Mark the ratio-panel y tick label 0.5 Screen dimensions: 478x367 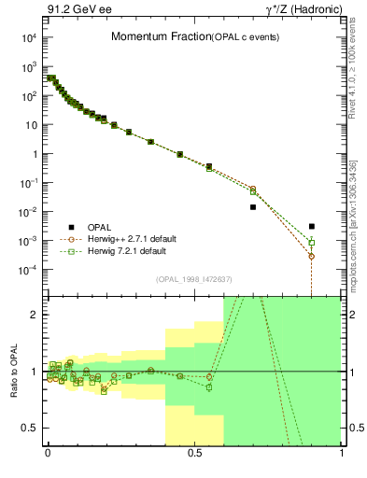(x=28, y=429)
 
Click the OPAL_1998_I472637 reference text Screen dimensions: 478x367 (x=193, y=278)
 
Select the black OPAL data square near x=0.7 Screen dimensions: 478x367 (x=253, y=207)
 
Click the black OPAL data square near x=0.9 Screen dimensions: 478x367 (x=312, y=226)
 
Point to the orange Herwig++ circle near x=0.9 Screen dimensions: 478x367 (x=312, y=256)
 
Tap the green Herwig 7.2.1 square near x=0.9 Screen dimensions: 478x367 (x=312, y=243)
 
